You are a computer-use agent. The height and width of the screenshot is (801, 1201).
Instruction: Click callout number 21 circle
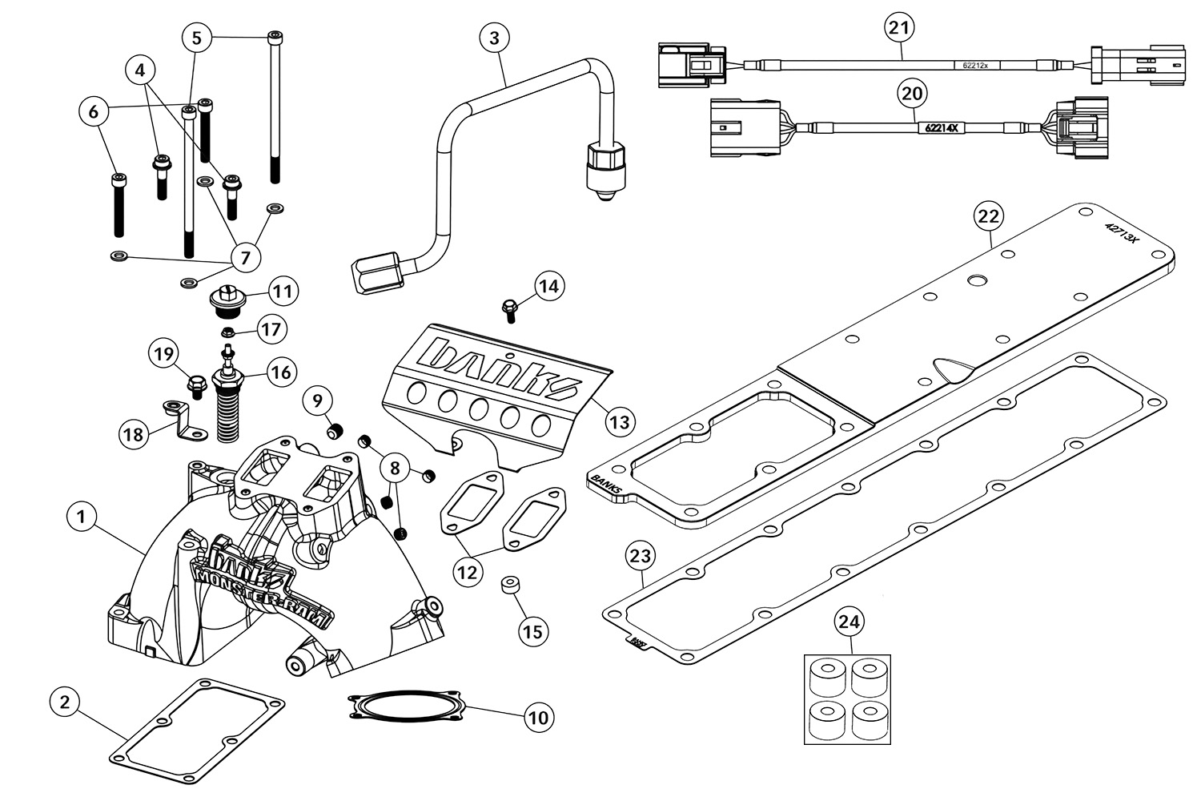[900, 27]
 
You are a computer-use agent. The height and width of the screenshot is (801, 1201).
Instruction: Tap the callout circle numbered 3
[494, 37]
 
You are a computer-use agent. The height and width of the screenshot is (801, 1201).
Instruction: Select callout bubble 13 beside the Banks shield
[619, 421]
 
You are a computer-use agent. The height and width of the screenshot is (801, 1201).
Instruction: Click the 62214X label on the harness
[942, 127]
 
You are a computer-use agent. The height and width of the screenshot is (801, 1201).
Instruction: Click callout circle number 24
[851, 621]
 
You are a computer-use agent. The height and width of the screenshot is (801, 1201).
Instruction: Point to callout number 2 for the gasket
[65, 702]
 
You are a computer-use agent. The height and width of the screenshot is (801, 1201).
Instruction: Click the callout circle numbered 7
[245, 257]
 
